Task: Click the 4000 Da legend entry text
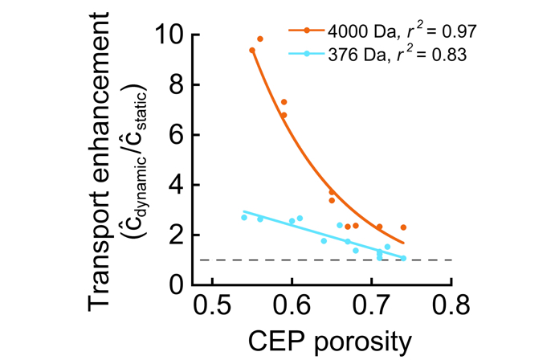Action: point(384,32)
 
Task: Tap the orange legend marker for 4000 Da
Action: point(307,32)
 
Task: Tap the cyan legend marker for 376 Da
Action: point(307,55)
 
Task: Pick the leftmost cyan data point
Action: point(244,218)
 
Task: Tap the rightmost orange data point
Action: point(403,227)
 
